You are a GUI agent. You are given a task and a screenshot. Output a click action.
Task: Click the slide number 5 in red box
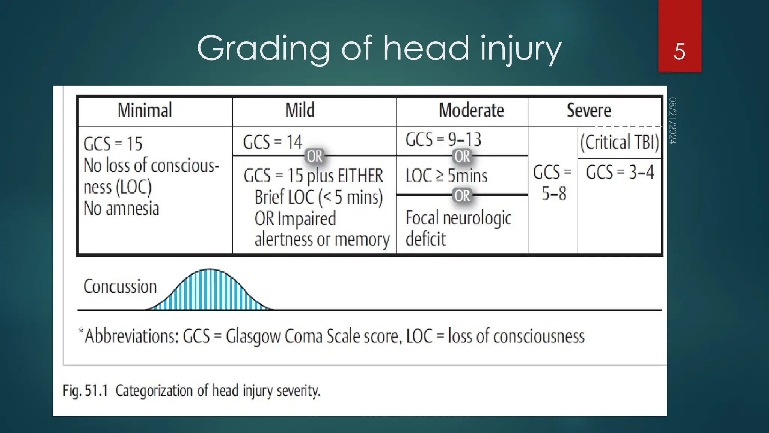pos(679,51)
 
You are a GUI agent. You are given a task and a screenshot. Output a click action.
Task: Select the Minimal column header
pos(145,111)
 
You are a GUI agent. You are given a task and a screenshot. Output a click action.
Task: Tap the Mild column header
pos(300,111)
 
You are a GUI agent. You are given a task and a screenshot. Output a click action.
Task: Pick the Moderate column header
pos(471,111)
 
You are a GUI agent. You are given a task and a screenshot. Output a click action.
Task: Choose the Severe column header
pos(589,111)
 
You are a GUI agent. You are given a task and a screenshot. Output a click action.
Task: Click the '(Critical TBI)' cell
pos(619,142)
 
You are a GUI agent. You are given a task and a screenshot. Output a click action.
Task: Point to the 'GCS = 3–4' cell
pos(620,173)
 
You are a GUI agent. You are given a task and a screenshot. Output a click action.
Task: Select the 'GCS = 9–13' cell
pos(443,140)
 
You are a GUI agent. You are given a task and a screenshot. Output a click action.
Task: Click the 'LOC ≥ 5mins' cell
pos(446,176)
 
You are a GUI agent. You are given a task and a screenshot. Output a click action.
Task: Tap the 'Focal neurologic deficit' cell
pos(458,228)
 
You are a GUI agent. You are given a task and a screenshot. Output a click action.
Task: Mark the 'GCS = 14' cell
pos(272,142)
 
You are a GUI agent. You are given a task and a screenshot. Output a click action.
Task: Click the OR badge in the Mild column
pos(315,156)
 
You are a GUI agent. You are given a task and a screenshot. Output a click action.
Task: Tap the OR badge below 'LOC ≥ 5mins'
pos(462,195)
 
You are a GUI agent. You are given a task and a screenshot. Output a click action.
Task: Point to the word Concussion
pos(120,287)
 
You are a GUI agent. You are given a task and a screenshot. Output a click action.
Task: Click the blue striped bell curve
pos(210,291)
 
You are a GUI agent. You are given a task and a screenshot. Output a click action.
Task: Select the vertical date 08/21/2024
pos(672,120)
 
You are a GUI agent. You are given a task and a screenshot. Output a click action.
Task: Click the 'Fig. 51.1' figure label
pos(85,391)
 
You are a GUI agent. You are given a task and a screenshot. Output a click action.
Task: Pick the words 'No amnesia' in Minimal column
pos(121,209)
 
